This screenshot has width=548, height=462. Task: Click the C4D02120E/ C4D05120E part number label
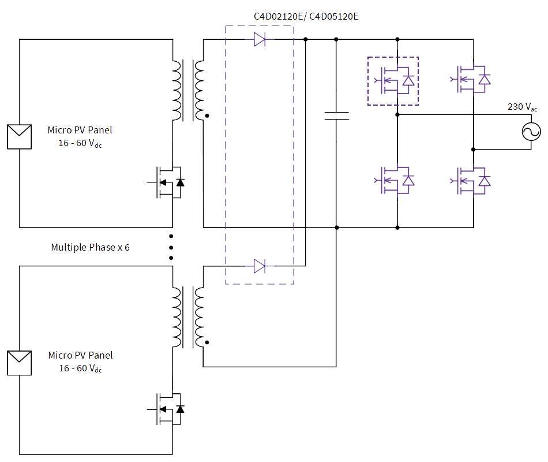(306, 16)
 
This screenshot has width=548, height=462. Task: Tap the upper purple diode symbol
(260, 39)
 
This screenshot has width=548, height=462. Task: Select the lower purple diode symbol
(260, 266)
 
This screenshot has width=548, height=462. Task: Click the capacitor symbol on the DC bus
(336, 115)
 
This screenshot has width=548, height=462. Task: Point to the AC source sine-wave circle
(531, 132)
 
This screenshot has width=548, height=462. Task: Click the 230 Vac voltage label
(522, 107)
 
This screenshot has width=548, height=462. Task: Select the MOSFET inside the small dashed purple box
(393, 81)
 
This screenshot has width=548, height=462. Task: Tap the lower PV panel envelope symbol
(19, 363)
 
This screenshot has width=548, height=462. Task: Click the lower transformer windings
(187, 317)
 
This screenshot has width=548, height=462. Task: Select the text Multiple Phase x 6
(90, 247)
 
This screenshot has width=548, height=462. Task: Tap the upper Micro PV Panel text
(80, 129)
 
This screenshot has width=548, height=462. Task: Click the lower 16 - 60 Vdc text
(80, 368)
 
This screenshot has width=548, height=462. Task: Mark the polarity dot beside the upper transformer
(207, 115)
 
